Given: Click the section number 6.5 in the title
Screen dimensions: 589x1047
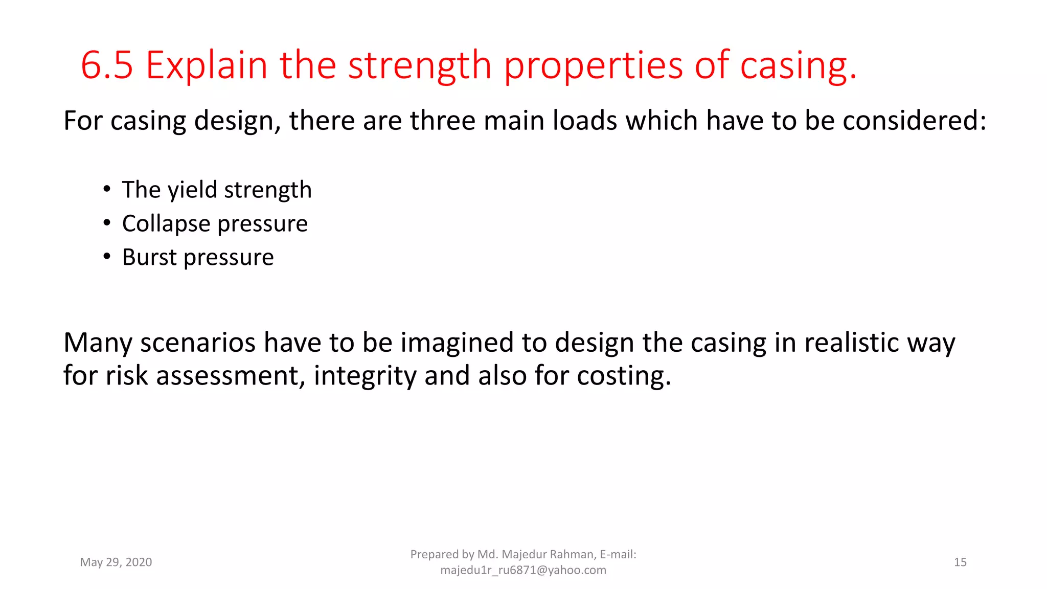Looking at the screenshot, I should (107, 65).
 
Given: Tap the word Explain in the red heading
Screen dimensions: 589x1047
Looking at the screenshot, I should (207, 65).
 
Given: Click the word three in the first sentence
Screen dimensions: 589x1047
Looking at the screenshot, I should (442, 121).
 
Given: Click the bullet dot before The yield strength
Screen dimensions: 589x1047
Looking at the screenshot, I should (107, 189).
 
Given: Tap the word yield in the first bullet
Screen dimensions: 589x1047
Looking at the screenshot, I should (192, 190).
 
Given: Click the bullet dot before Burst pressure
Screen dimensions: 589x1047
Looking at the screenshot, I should (107, 256).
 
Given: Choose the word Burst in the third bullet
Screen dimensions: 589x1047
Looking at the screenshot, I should (149, 257).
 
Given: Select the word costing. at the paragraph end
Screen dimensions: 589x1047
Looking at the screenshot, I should (624, 376).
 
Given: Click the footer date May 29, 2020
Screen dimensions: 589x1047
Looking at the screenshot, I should (116, 562).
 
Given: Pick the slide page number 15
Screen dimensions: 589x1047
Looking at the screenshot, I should (960, 562).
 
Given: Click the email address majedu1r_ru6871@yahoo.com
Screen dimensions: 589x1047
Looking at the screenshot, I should (523, 570).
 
